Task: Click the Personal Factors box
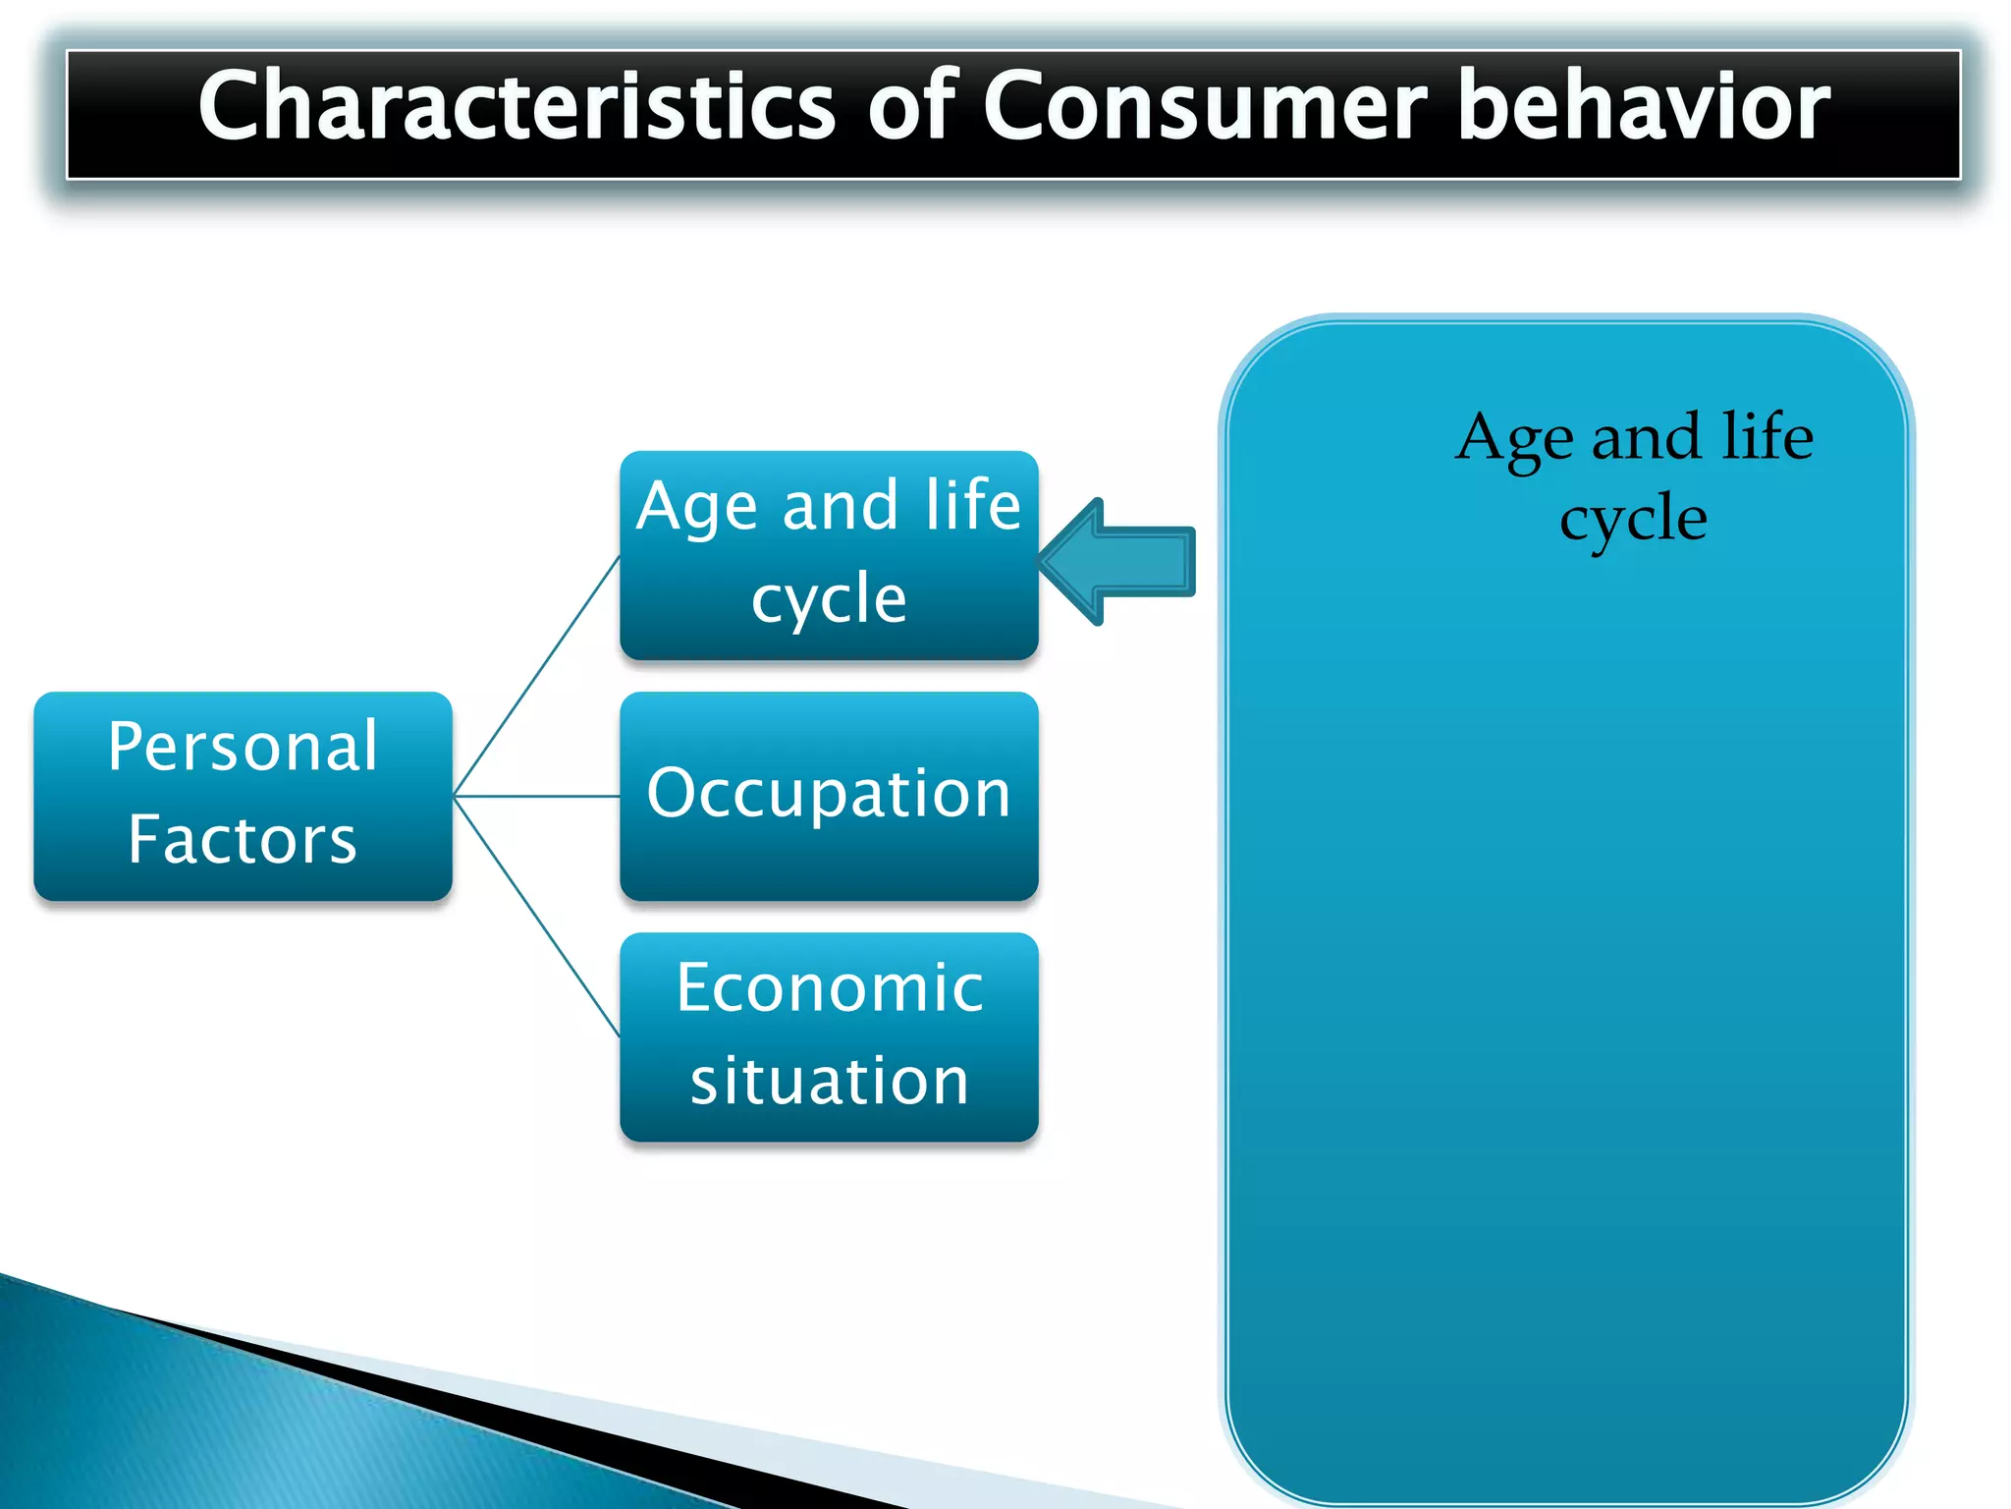pos(243,796)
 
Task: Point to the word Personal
pos(243,747)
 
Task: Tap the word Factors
pos(243,841)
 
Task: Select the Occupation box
pos(829,796)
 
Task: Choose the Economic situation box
pos(829,1036)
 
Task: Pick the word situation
pos(829,1082)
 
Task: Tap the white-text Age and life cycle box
pos(829,555)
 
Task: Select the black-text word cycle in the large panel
pos(1633,519)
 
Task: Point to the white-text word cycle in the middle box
pos(829,599)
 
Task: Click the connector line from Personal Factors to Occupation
pos(536,796)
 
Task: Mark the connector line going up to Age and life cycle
pos(536,676)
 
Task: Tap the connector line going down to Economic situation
pos(536,916)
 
